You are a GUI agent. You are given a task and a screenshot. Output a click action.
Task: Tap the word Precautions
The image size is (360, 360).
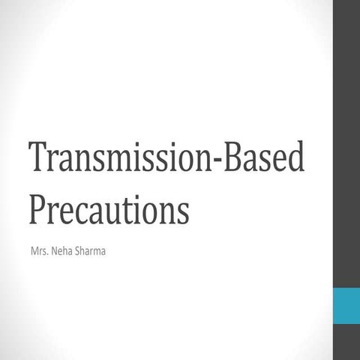pyautogui.click(x=109, y=209)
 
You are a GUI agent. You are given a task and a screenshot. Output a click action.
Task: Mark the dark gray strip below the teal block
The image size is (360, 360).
pyautogui.click(x=346, y=343)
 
